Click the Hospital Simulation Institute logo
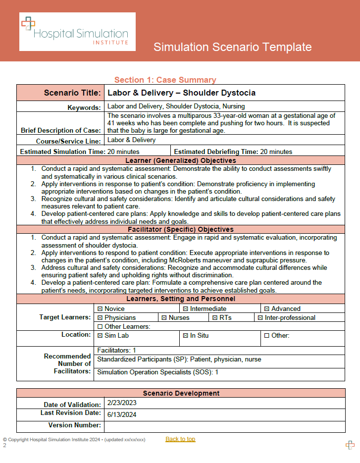pos(77,32)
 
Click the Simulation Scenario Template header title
pos(232,47)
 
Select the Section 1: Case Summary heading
pos(165,80)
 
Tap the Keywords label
pos(84,107)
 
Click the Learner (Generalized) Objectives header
pos(181,160)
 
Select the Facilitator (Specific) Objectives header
pos(181,229)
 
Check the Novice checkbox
pos(100,309)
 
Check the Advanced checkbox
pos(266,309)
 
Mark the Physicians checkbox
pos(100,318)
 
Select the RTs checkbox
pos(215,318)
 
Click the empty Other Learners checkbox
pos(100,327)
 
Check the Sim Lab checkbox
pos(100,336)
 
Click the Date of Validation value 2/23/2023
pos(121,404)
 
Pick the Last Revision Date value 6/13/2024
pos(121,414)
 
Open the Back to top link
pos(180,439)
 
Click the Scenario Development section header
pos(181,393)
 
